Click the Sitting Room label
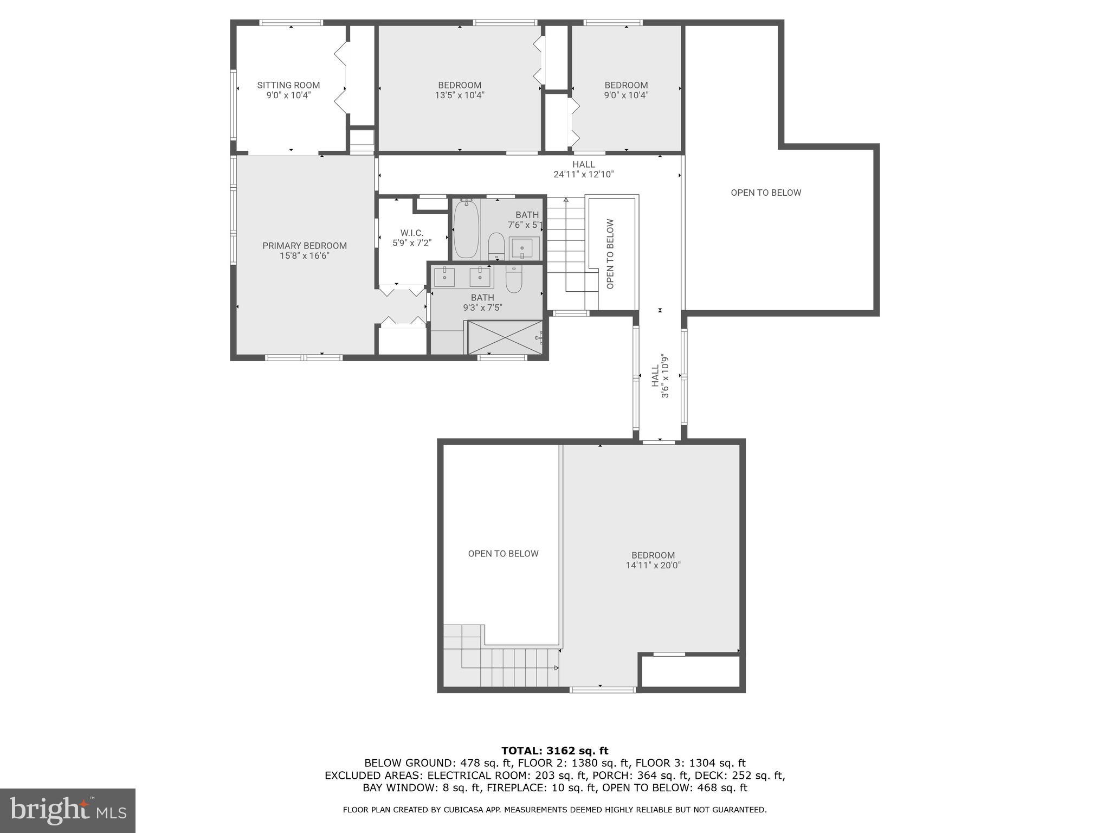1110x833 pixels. [x=288, y=85]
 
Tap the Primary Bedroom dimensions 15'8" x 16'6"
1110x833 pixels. [x=305, y=256]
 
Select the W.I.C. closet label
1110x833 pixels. [x=412, y=233]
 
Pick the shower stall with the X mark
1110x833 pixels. [x=505, y=337]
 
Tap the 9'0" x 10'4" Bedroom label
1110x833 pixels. [x=626, y=90]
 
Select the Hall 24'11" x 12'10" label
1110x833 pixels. [x=583, y=169]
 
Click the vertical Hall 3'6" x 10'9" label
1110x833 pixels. [x=660, y=376]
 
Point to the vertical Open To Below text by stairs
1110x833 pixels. [x=610, y=254]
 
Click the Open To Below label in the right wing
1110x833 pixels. [x=765, y=193]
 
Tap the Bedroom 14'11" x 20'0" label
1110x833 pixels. [x=653, y=560]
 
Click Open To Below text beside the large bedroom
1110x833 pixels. [x=503, y=554]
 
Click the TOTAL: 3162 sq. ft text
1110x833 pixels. [x=554, y=751]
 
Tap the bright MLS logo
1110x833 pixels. [x=68, y=810]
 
